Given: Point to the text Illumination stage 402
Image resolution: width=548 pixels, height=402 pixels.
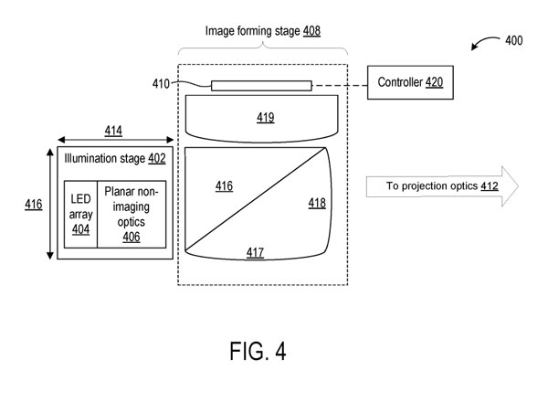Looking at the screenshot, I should coord(114,158).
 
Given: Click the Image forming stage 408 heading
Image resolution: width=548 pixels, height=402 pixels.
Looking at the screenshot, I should coord(262,30).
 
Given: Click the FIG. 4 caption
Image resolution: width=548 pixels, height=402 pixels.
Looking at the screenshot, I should coord(261,351).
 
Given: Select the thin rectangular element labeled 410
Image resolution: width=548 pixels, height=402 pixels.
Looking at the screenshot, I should coord(261,85).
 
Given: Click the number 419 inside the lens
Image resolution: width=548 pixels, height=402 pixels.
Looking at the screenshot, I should coord(265,117).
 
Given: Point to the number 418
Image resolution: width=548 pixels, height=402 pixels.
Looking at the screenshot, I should coord(317,204).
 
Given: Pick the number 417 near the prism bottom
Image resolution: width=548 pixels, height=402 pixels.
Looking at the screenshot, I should coord(255,250).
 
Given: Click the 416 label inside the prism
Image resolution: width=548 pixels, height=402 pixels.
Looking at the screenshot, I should coord(224,185).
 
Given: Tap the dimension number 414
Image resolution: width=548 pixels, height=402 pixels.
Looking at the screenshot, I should coord(113,131).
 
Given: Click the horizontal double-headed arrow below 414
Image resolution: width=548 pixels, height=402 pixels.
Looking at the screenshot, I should coord(113,141).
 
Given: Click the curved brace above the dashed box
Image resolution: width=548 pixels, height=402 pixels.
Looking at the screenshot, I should coord(262,45).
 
